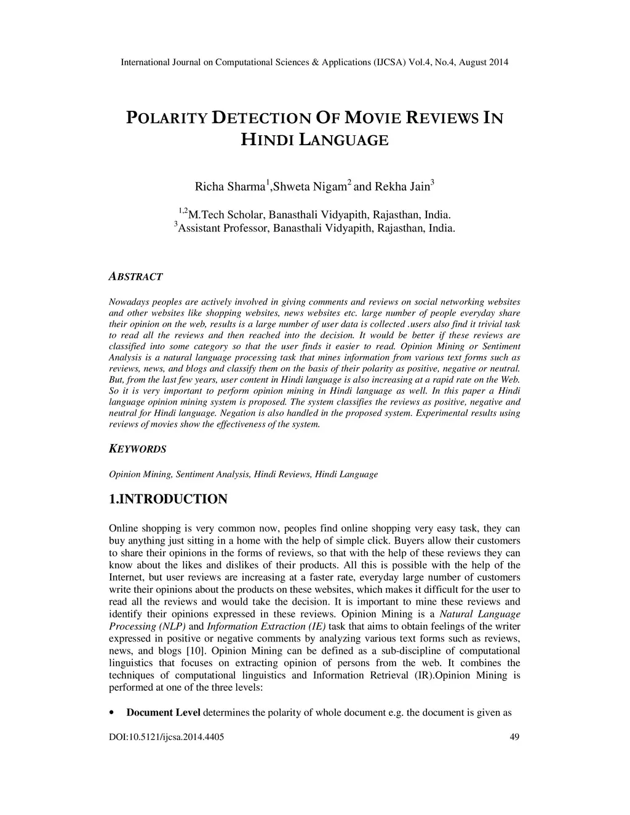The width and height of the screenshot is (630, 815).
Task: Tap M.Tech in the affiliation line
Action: (207, 215)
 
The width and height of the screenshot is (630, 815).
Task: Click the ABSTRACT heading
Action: (135, 277)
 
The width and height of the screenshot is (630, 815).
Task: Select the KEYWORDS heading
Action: (137, 449)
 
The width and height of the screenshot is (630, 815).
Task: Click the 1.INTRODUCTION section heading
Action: (168, 499)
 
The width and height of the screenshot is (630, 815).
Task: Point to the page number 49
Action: (516, 737)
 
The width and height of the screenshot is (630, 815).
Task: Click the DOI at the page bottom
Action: (166, 737)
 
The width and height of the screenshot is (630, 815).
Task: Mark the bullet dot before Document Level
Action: (111, 713)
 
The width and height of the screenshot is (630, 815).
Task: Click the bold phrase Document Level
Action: (163, 713)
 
